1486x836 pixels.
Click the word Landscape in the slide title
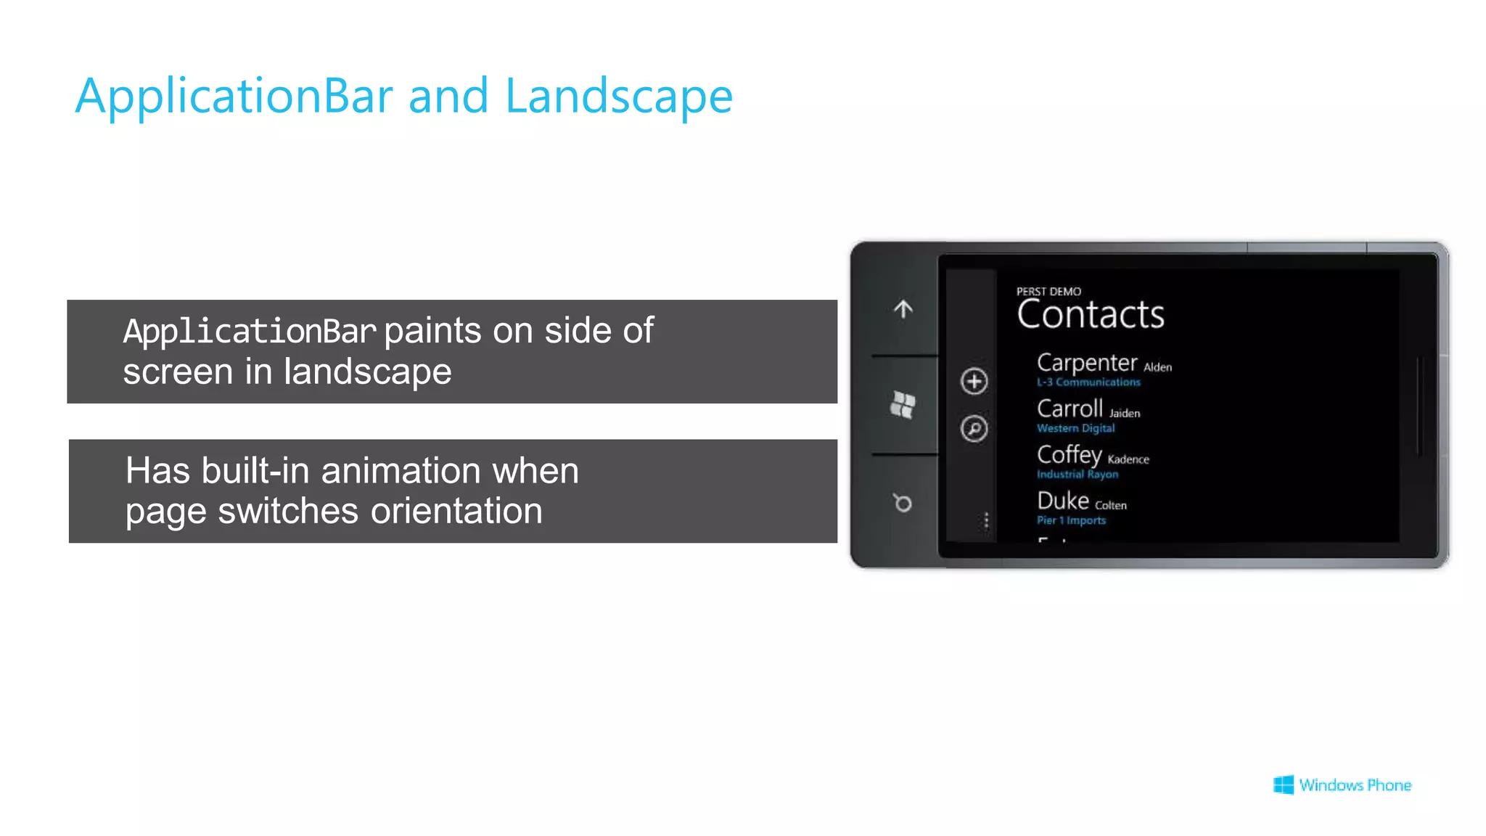(618, 97)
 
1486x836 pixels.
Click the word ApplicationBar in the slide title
(234, 97)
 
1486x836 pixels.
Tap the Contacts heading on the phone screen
(1090, 315)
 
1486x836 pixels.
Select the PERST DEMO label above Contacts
(1048, 292)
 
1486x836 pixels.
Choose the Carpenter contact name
(1086, 362)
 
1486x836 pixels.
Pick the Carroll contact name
(1070, 409)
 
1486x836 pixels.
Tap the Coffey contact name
(1069, 455)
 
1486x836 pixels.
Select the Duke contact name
(1063, 501)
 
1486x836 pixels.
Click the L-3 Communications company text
(1088, 382)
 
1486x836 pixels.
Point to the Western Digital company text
(1075, 428)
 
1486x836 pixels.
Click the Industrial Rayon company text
(1077, 475)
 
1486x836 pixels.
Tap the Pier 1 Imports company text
(1071, 520)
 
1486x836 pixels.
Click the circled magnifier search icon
(974, 429)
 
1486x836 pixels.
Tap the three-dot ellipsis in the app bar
(986, 521)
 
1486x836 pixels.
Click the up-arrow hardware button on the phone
(903, 309)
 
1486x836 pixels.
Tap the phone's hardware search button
(903, 502)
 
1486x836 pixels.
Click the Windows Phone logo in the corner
(1342, 785)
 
